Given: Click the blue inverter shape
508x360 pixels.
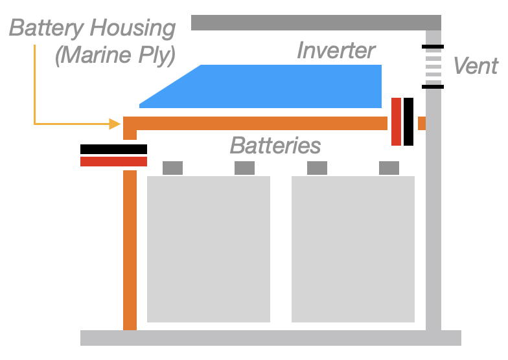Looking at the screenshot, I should pyautogui.click(x=272, y=87).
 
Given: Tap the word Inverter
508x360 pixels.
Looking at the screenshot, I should pyautogui.click(x=336, y=51).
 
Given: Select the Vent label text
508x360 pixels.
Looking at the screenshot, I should pyautogui.click(x=475, y=65).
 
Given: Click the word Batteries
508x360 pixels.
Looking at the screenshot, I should pyautogui.click(x=275, y=145).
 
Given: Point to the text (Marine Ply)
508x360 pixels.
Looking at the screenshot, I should pyautogui.click(x=115, y=55).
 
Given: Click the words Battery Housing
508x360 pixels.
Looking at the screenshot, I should pyautogui.click(x=92, y=28).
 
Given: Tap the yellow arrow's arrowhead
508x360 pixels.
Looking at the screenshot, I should pyautogui.click(x=116, y=123).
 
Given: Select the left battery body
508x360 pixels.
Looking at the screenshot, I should pyautogui.click(x=208, y=249).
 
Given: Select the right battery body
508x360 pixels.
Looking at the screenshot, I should pyautogui.click(x=352, y=249).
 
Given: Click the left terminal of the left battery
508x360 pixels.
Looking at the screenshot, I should pyautogui.click(x=172, y=168).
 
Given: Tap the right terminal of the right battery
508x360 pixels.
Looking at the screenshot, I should pyautogui.click(x=389, y=168).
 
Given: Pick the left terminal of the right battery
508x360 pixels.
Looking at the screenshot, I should pyautogui.click(x=317, y=168).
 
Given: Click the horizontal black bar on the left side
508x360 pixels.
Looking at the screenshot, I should pyautogui.click(x=113, y=149).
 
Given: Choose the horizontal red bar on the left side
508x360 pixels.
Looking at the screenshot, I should pyautogui.click(x=113, y=161).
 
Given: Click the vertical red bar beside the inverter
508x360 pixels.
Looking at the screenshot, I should pyautogui.click(x=396, y=122).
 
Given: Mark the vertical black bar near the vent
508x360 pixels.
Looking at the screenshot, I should pyautogui.click(x=408, y=122).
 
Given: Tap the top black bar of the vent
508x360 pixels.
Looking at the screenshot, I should pyautogui.click(x=432, y=47).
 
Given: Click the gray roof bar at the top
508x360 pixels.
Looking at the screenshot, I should pyautogui.click(x=316, y=23).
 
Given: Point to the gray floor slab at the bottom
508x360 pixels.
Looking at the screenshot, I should pyautogui.click(x=270, y=337).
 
